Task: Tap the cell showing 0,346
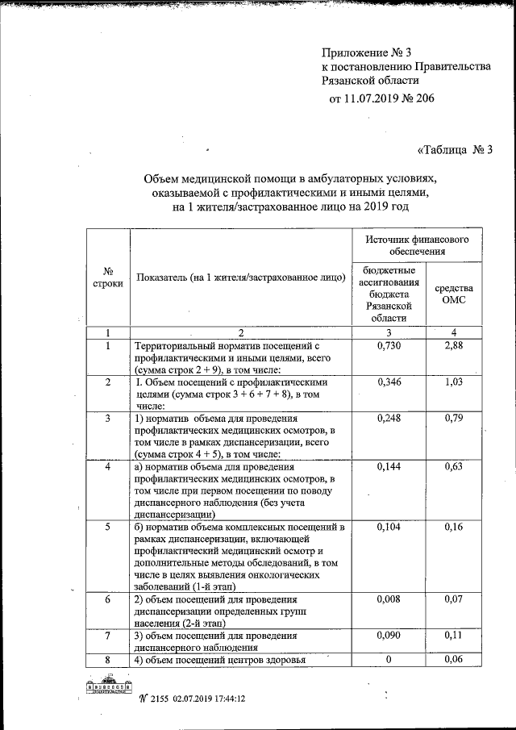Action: [x=389, y=382]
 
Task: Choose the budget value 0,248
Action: [x=389, y=419]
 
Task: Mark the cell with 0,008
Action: [x=389, y=600]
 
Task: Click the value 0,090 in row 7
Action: [x=389, y=636]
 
